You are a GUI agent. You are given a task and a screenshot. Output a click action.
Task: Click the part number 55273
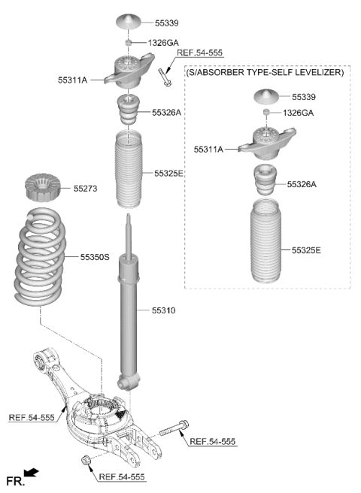click(x=85, y=189)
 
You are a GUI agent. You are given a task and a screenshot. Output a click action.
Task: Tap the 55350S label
click(x=95, y=257)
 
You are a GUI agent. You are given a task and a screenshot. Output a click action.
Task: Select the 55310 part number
click(x=163, y=310)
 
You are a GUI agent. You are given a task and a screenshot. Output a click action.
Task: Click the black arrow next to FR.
click(x=31, y=473)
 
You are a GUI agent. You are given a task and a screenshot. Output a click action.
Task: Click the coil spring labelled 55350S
click(x=40, y=256)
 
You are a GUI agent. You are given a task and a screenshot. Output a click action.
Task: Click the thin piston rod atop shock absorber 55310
click(x=129, y=236)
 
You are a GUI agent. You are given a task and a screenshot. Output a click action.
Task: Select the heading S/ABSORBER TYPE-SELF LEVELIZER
click(x=265, y=73)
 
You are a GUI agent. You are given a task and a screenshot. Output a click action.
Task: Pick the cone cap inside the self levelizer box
click(x=266, y=96)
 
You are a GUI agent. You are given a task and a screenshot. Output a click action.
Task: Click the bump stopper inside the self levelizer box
click(x=265, y=180)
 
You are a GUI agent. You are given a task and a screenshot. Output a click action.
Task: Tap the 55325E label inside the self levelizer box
click(x=306, y=250)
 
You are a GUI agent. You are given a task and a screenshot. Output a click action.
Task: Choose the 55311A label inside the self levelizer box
click(x=208, y=150)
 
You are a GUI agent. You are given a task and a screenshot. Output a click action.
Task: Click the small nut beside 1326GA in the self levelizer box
click(x=266, y=112)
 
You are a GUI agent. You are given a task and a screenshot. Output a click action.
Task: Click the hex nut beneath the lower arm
click(x=85, y=460)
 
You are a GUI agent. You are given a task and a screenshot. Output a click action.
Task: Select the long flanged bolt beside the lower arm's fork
click(x=174, y=428)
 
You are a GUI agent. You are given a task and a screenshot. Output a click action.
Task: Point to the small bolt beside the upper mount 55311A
click(x=165, y=77)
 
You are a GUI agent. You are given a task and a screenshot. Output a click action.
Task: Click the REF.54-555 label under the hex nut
click(x=122, y=477)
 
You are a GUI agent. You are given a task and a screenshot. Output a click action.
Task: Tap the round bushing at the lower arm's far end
click(x=40, y=360)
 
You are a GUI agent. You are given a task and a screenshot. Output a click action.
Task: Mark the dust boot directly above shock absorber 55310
click(x=129, y=169)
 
